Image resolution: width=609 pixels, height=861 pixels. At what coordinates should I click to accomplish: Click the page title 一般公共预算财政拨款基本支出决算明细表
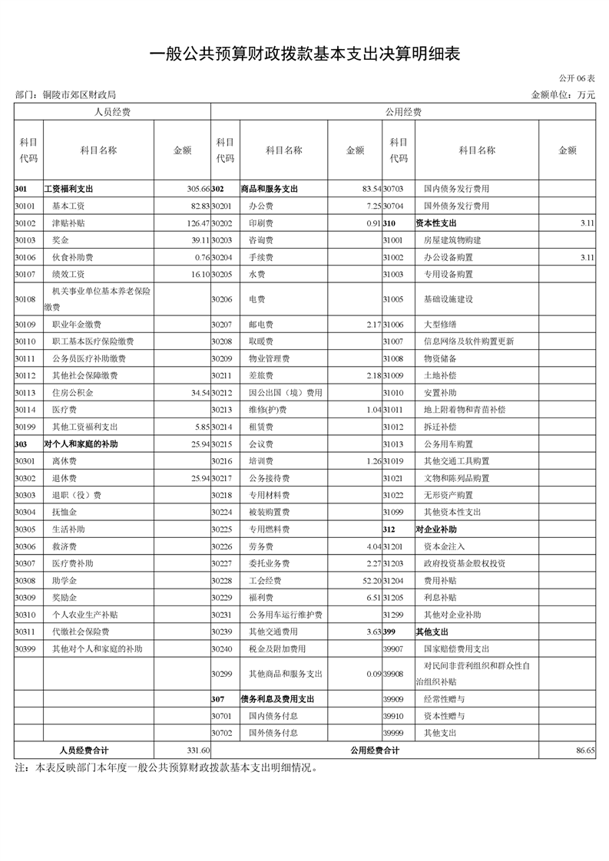click(x=304, y=54)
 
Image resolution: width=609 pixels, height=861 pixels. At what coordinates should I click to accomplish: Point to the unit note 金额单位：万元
click(x=563, y=95)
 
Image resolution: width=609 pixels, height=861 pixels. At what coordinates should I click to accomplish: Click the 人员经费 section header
click(x=112, y=112)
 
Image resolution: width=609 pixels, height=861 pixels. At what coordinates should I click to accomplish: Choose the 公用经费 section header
click(x=403, y=112)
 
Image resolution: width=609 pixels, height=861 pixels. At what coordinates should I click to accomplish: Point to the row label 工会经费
click(x=265, y=580)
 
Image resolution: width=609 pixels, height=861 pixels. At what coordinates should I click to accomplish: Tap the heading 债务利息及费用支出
click(x=277, y=700)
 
